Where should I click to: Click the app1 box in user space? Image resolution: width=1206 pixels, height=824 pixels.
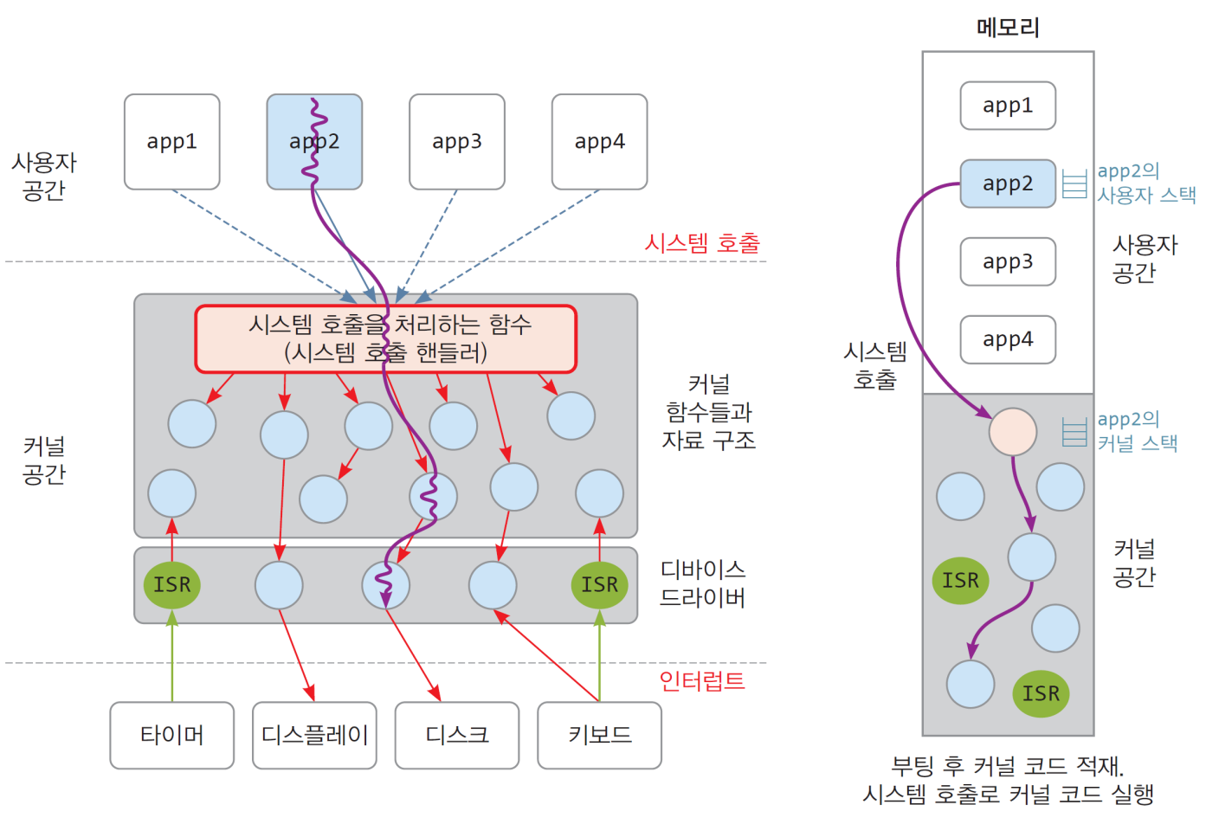tap(171, 141)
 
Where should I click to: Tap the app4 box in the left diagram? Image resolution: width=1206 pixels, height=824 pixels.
tap(599, 141)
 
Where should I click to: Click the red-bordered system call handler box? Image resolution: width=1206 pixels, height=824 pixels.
tap(385, 338)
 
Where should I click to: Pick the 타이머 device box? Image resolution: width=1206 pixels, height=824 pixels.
tap(171, 735)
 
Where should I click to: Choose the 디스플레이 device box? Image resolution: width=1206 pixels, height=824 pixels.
tap(314, 735)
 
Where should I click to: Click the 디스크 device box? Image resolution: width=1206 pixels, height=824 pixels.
tap(456, 735)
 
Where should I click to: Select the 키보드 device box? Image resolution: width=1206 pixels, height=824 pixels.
tap(599, 735)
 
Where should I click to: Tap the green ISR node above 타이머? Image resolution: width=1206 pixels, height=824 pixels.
tap(171, 584)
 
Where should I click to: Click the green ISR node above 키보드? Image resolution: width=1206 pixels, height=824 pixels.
tap(599, 584)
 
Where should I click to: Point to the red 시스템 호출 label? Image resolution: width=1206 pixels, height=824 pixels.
tap(701, 242)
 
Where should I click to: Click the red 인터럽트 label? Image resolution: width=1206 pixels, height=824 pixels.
tap(701, 681)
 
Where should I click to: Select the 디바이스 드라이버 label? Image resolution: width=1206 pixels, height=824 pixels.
tap(702, 583)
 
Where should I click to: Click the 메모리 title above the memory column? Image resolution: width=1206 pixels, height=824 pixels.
tap(1008, 28)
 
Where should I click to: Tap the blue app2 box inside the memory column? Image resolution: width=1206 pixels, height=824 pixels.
tap(1008, 183)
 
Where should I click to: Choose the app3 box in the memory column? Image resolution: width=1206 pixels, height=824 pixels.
tap(1008, 261)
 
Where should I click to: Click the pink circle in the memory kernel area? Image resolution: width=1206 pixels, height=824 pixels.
tap(1012, 432)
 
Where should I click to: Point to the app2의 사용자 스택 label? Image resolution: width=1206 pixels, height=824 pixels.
tap(1145, 183)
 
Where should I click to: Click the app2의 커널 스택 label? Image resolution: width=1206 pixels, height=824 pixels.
tap(1137, 431)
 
